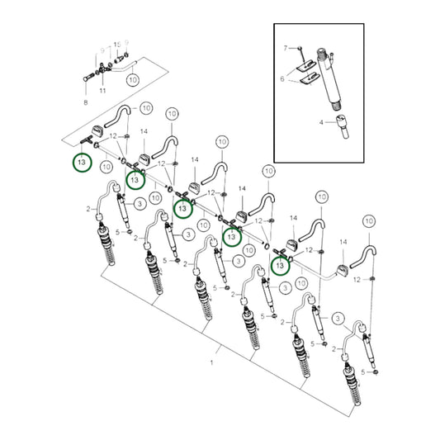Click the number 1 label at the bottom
point(212,362)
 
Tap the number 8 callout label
point(84,102)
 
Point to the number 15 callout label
point(117,44)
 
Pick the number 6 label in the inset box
point(282,79)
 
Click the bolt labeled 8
point(88,78)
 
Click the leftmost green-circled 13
point(80,163)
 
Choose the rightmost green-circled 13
point(282,265)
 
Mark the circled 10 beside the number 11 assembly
point(134,81)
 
